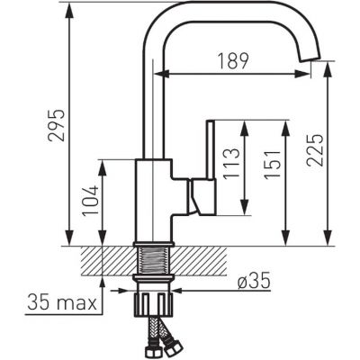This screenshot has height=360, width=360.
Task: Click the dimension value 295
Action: [56, 125]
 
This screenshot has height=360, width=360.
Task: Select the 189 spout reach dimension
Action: [233, 61]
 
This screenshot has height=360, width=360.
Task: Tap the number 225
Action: [315, 150]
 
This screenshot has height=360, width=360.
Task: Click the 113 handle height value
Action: [231, 163]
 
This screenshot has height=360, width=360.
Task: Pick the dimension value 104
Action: [91, 201]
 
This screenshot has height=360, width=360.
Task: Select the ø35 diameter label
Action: [254, 282]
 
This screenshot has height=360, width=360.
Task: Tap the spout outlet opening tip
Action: [310, 59]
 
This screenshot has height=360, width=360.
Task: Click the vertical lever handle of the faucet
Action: [211, 150]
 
